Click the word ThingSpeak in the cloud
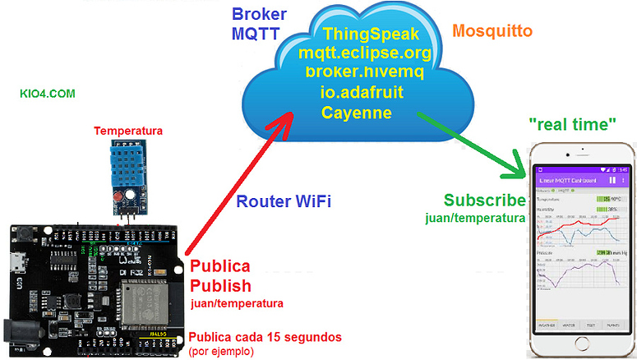(372, 35)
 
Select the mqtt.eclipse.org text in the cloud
(365, 53)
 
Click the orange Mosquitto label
(492, 31)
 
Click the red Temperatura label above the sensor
(128, 131)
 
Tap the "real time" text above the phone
(573, 124)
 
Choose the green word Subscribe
(484, 201)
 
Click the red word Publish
(220, 286)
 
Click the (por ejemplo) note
(222, 351)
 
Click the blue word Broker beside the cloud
(260, 16)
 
